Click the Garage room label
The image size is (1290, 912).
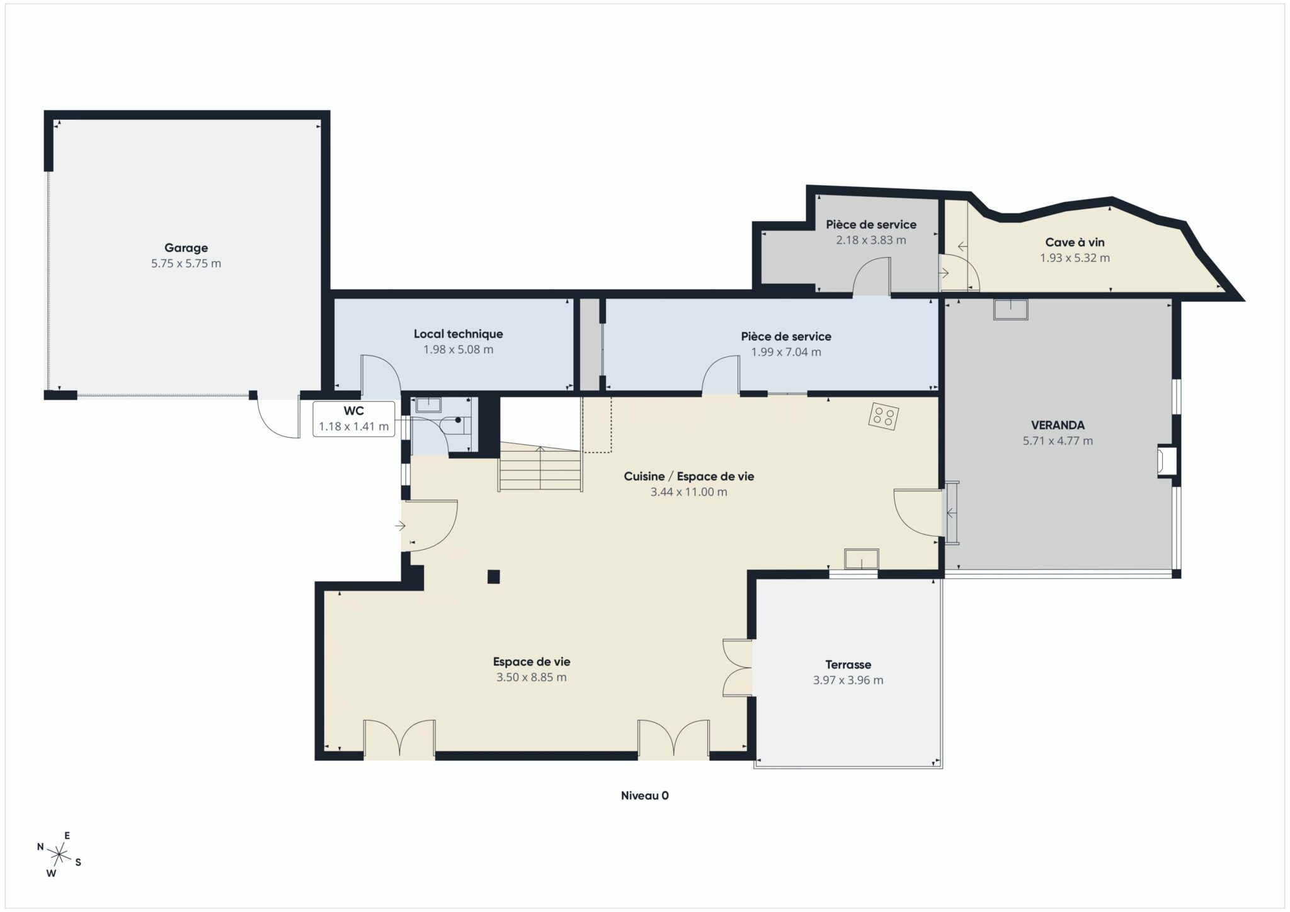(186, 248)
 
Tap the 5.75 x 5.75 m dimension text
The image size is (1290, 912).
(186, 264)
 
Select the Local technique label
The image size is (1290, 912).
(458, 334)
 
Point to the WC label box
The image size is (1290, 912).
(354, 419)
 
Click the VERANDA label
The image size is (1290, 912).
(1058, 425)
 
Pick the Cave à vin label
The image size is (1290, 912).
(1075, 242)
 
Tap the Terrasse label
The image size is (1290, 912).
(848, 664)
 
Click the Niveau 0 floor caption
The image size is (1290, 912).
(644, 795)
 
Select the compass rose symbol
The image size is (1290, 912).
(59, 855)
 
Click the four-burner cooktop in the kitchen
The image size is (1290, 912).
(883, 416)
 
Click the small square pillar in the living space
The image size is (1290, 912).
(494, 576)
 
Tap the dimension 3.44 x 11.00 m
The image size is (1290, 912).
(688, 492)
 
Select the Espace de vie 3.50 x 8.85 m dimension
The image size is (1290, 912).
(531, 678)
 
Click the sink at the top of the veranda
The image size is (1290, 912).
(1010, 309)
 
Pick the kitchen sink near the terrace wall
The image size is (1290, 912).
(862, 559)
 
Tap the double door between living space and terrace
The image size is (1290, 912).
(738, 668)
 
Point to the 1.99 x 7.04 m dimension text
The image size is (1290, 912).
(786, 352)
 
